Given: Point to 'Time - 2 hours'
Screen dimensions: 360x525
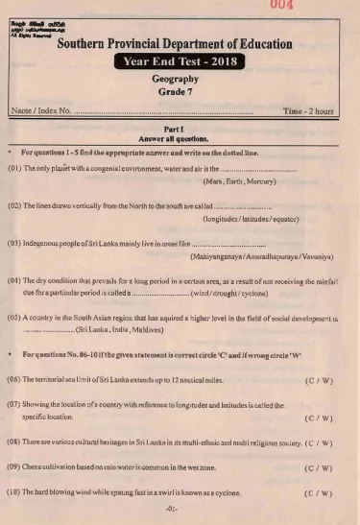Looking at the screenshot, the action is [310, 112].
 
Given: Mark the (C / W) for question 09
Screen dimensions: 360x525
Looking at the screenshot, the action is [318, 468].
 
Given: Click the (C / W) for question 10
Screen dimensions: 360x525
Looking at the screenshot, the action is [318, 492].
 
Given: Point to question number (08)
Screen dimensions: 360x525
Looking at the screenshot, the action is [13, 443].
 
